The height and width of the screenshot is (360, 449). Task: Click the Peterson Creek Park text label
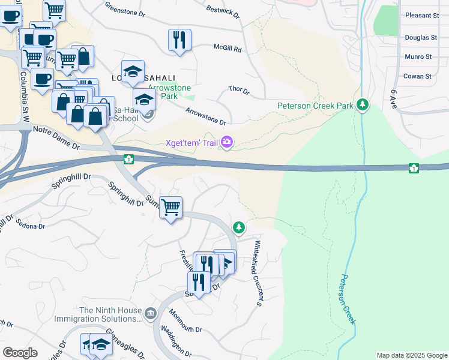pyautogui.click(x=315, y=106)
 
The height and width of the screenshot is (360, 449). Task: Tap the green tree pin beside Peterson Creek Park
pyautogui.click(x=362, y=105)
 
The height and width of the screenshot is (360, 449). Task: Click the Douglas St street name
pyautogui.click(x=421, y=37)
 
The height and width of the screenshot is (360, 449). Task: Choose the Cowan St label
pyautogui.click(x=418, y=76)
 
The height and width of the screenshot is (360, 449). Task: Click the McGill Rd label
pyautogui.click(x=227, y=47)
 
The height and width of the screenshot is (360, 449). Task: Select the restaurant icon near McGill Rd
pyautogui.click(x=179, y=40)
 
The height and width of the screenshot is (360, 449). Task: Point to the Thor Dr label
pyautogui.click(x=239, y=90)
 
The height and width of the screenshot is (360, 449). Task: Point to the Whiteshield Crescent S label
pyautogui.click(x=258, y=273)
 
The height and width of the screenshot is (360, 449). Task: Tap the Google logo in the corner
pyautogui.click(x=20, y=353)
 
